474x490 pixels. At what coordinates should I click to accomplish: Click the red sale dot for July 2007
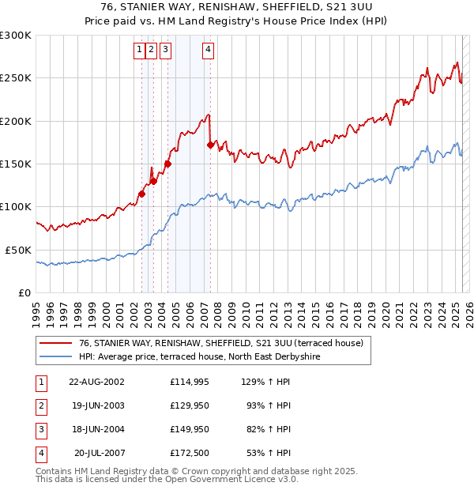click(x=210, y=145)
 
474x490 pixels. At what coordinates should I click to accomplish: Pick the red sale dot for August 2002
click(x=142, y=194)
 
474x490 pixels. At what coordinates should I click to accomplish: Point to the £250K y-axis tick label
click(x=16, y=78)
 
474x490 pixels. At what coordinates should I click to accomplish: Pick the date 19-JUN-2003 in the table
click(x=96, y=406)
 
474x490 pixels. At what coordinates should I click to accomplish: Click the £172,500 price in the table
click(x=188, y=454)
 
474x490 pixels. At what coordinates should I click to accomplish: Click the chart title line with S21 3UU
click(x=236, y=8)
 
